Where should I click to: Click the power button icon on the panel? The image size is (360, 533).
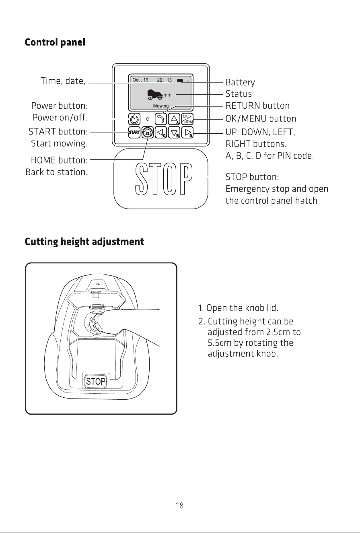tap(134, 119)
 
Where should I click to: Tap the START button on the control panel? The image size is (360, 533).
tap(134, 132)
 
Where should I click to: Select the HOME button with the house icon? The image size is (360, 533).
tap(148, 132)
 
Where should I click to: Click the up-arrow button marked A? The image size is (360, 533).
tap(174, 119)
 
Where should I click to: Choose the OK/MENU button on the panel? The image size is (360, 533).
tap(187, 119)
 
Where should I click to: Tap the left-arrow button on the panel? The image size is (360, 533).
tap(161, 132)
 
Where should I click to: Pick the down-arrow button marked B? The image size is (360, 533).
tap(174, 132)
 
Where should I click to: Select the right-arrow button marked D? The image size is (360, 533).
tap(187, 132)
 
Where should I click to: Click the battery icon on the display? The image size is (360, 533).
tap(180, 81)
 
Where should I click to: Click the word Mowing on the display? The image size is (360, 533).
tap(161, 105)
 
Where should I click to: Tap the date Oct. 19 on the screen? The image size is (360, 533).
tap(140, 80)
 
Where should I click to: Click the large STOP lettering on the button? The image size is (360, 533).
tap(164, 179)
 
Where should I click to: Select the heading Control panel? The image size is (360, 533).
tap(55, 42)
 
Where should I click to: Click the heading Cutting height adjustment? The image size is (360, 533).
tap(84, 242)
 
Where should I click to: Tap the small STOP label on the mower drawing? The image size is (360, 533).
tap(96, 381)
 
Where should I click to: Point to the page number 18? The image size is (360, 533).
tap(180, 505)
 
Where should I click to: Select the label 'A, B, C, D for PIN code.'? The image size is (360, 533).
tap(269, 156)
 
